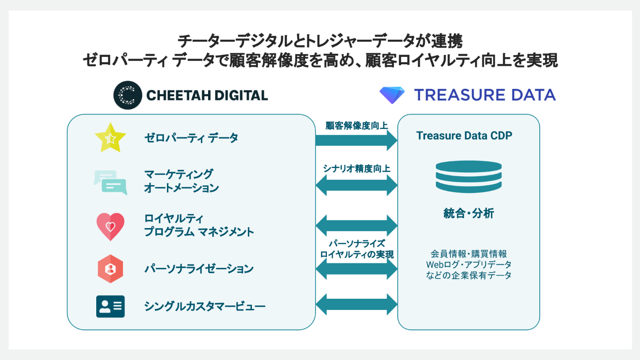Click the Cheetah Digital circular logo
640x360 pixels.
click(128, 95)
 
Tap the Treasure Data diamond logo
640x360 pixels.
click(392, 95)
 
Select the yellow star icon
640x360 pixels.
click(110, 138)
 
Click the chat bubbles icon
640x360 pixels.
click(110, 182)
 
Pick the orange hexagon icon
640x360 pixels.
click(110, 268)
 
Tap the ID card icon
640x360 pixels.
click(110, 306)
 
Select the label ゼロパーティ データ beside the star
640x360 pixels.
click(191, 138)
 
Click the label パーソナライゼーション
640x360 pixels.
click(199, 269)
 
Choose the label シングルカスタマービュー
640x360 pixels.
click(205, 306)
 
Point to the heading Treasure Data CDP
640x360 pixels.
click(464, 136)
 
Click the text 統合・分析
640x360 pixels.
click(468, 213)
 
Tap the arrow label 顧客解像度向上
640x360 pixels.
click(357, 126)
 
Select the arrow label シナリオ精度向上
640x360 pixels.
click(357, 169)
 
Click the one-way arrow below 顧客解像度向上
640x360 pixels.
click(357, 140)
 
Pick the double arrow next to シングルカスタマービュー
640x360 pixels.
click(357, 304)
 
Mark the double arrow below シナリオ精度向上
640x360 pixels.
click(357, 185)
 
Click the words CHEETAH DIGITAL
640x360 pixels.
click(207, 95)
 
